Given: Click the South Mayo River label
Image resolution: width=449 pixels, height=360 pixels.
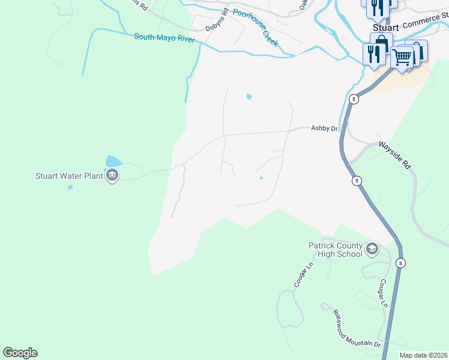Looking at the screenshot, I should click(164, 37).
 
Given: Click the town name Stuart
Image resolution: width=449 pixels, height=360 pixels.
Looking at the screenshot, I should click(385, 27).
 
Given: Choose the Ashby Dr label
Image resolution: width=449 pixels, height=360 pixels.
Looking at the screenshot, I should click(325, 128).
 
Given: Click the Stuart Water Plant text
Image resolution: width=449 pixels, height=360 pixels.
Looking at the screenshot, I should click(68, 176).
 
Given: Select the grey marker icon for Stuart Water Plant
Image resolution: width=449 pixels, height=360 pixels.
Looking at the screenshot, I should click(112, 176).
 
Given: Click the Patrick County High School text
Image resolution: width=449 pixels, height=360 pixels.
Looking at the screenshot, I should click(335, 250).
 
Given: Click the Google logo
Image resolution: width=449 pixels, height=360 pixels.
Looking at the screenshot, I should click(20, 353).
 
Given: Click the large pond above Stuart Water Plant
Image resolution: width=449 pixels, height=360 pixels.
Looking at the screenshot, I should click(113, 161).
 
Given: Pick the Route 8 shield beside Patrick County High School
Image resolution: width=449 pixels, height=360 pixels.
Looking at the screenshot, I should click(401, 263).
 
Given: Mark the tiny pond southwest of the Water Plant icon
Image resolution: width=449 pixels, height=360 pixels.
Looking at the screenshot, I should click(70, 187).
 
